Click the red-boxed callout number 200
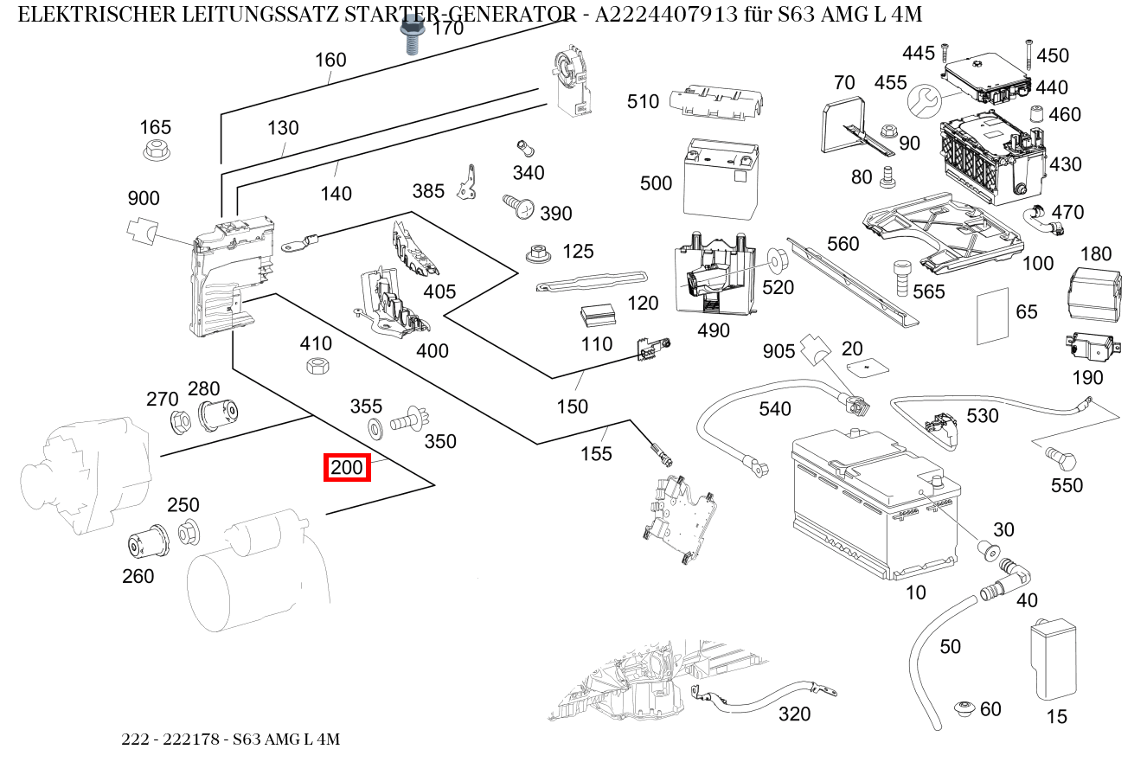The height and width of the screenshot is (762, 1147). pyautogui.click(x=347, y=469)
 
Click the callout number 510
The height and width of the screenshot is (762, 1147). pyautogui.click(x=643, y=102)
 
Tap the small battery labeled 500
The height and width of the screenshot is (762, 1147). pyautogui.click(x=717, y=177)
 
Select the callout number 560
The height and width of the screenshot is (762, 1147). pyautogui.click(x=843, y=243)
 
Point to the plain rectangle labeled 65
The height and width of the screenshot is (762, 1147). pyautogui.click(x=994, y=314)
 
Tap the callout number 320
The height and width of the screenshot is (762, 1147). pyautogui.click(x=794, y=714)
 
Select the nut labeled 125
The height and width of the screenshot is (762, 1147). pyautogui.click(x=539, y=255)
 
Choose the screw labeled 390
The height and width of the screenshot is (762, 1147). pyautogui.click(x=517, y=206)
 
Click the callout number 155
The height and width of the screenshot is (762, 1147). pyautogui.click(x=596, y=453)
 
